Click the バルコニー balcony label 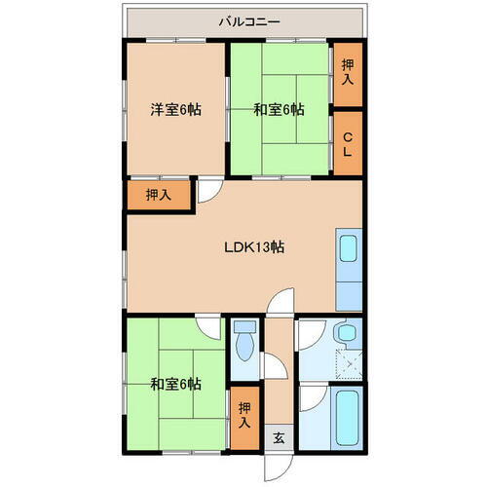click(x=248, y=19)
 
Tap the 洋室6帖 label click(x=175, y=110)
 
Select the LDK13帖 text click(x=256, y=246)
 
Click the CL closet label click(x=348, y=143)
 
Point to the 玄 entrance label click(x=277, y=436)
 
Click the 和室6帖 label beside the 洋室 click(x=280, y=110)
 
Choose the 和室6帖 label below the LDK click(x=175, y=384)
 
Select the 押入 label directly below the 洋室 click(x=158, y=195)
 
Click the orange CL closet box click(x=348, y=143)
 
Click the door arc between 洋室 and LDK click(x=208, y=193)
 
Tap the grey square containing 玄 click(x=277, y=436)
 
